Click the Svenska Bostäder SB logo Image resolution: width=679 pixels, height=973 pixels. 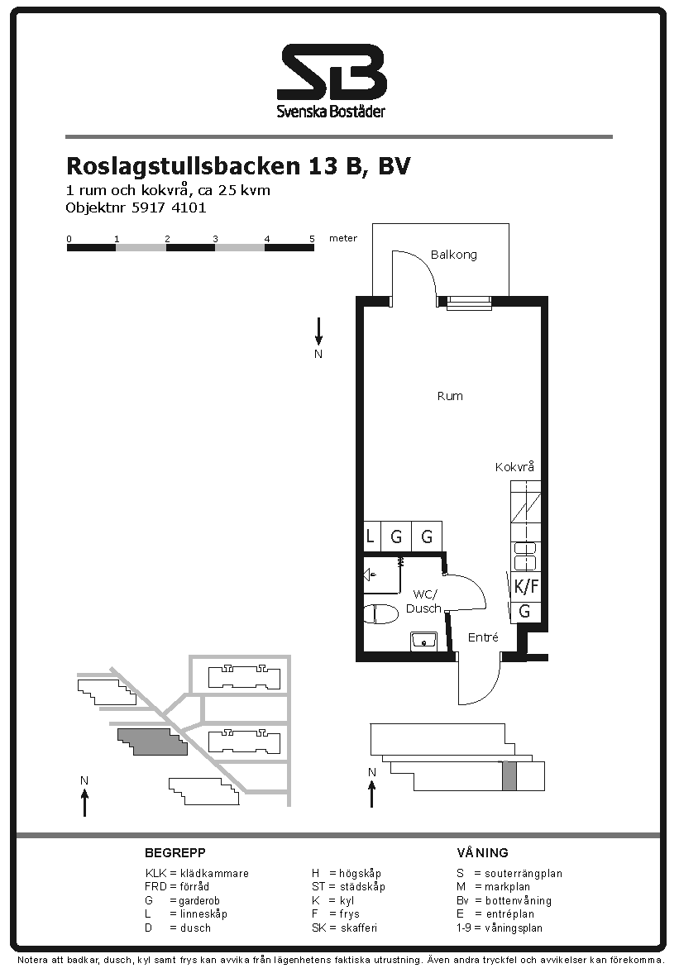(x=332, y=80)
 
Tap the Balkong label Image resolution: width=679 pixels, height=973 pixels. (x=454, y=255)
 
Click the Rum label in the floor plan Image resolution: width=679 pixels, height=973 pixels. (x=450, y=396)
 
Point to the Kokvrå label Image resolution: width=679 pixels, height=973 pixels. (x=514, y=466)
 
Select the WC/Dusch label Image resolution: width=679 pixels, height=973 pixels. (x=424, y=601)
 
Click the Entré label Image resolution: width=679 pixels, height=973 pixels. (x=483, y=637)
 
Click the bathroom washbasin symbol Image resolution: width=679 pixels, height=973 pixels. (x=423, y=640)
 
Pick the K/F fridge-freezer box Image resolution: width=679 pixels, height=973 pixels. (x=526, y=586)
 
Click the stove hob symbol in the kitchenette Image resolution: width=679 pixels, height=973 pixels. (x=526, y=556)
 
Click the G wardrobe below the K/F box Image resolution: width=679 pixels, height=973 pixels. (x=525, y=611)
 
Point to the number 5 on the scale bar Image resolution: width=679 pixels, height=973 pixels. (x=312, y=238)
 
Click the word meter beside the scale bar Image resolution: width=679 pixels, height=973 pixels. (x=343, y=238)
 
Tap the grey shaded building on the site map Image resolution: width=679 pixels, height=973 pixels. (x=153, y=742)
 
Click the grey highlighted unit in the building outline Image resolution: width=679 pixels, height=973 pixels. (x=509, y=775)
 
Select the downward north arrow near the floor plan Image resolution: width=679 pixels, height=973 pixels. (x=318, y=331)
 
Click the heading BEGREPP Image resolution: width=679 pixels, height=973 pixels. (x=175, y=852)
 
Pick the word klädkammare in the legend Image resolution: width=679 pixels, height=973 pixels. (x=214, y=873)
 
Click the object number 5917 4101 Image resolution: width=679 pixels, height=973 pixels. (x=169, y=207)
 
